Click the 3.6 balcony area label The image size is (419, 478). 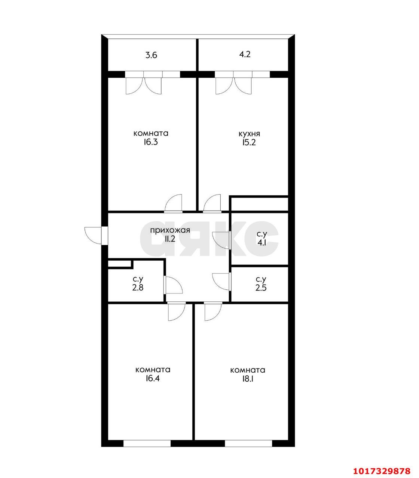(151, 56)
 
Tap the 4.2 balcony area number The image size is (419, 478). (245, 54)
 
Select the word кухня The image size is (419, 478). (249, 134)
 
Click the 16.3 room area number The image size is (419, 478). (151, 142)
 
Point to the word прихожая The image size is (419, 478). (170, 230)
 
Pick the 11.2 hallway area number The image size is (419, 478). (170, 239)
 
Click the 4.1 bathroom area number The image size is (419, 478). (262, 242)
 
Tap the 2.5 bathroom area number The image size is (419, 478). (261, 288)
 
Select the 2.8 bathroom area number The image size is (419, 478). (138, 288)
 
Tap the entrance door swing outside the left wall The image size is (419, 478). (93, 236)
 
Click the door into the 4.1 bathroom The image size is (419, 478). (221, 240)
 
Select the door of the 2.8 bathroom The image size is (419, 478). (174, 285)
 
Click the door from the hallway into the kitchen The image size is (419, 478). (212, 204)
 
